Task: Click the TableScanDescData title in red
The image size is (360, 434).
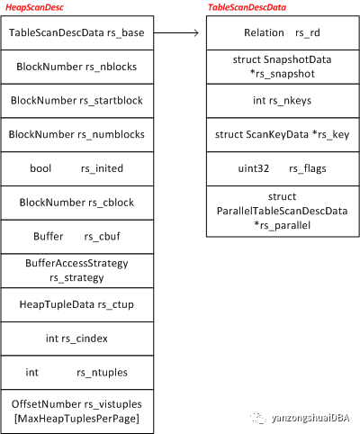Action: point(247,7)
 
